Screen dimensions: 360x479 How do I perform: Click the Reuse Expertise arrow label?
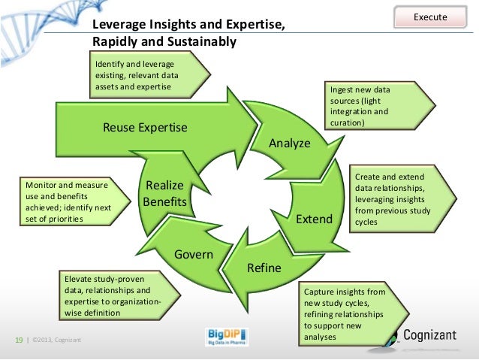145,127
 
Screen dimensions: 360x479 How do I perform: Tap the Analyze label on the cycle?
289,143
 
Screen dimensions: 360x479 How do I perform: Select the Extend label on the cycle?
314,219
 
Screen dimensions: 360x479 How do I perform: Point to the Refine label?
264,268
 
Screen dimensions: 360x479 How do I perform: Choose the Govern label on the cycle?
194,254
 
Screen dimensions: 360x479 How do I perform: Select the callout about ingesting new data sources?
372,105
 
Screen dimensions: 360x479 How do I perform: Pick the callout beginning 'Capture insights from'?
347,313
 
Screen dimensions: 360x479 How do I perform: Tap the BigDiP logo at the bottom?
227,337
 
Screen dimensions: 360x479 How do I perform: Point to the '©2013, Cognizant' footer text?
57,341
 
